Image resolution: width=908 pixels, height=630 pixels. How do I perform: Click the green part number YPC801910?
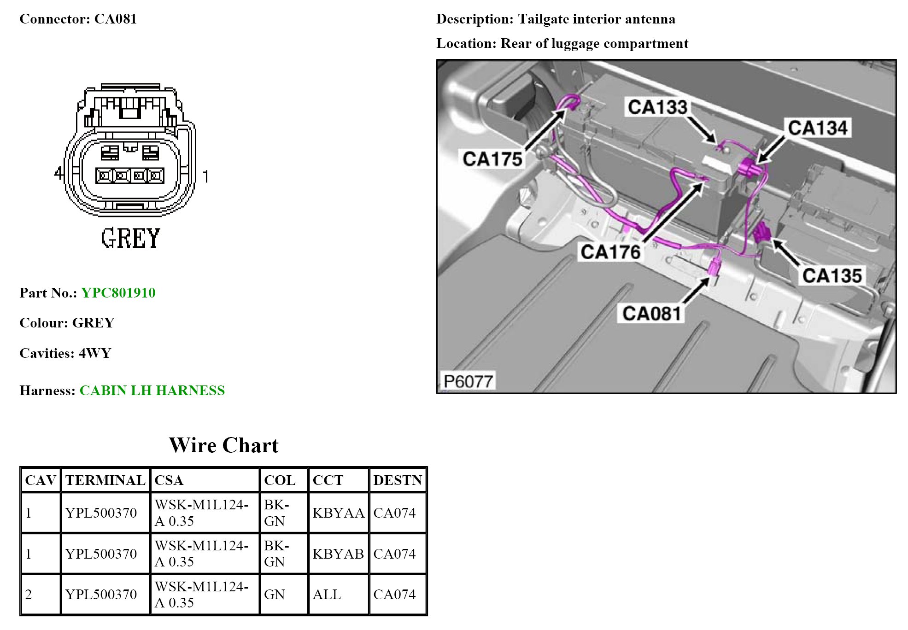tap(118, 293)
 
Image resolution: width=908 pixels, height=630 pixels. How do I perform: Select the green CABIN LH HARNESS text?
tap(152, 391)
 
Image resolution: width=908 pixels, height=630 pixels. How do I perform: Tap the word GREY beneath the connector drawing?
tap(131, 238)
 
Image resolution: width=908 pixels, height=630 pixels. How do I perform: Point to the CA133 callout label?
tap(657, 107)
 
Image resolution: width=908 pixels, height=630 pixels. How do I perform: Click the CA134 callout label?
tap(817, 128)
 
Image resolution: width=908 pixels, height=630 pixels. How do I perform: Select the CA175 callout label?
tap(492, 159)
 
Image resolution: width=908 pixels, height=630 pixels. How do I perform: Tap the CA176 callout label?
tap(610, 252)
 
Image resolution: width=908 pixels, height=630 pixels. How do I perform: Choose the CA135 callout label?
tap(832, 276)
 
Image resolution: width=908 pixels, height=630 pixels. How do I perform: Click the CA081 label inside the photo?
tap(651, 314)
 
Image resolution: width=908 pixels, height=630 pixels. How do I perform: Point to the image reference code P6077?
tap(468, 381)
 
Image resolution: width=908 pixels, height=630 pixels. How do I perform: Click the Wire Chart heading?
tap(223, 445)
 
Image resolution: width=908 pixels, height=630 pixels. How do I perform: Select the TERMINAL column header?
tap(105, 480)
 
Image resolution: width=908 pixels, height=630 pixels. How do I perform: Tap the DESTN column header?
tap(398, 480)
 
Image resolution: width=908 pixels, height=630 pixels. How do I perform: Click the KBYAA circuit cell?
tap(338, 513)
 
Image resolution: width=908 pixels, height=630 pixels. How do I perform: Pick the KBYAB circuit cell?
tap(338, 554)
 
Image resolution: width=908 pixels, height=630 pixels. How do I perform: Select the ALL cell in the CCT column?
tap(327, 595)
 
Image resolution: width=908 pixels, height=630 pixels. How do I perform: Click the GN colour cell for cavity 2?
tap(274, 595)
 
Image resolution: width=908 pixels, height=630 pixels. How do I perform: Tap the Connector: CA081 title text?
tap(78, 19)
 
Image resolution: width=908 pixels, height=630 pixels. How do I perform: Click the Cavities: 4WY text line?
tap(65, 353)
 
